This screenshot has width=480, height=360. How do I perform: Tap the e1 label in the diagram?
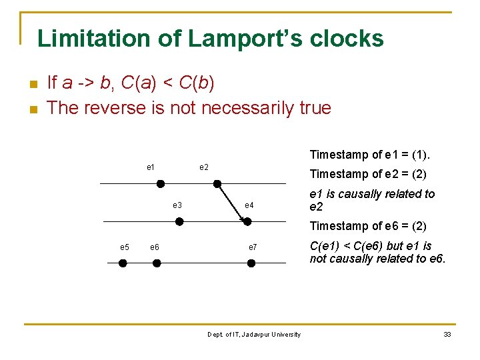coord(151,167)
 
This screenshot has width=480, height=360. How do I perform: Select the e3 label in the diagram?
coord(177,205)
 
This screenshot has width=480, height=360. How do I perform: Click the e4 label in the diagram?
coord(249,205)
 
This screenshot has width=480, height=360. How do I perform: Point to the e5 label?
coord(125,247)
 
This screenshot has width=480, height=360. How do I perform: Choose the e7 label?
coord(252,247)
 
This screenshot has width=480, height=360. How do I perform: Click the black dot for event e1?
coord(160,183)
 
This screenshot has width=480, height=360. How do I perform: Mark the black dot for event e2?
coord(217,183)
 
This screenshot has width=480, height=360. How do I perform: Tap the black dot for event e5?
coord(123,263)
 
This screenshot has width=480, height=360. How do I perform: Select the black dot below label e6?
coord(157,263)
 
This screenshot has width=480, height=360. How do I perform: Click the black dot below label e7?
coord(251,263)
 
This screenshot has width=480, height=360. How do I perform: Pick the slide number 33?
coord(447,335)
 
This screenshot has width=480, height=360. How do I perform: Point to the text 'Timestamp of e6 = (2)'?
coord(368,226)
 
